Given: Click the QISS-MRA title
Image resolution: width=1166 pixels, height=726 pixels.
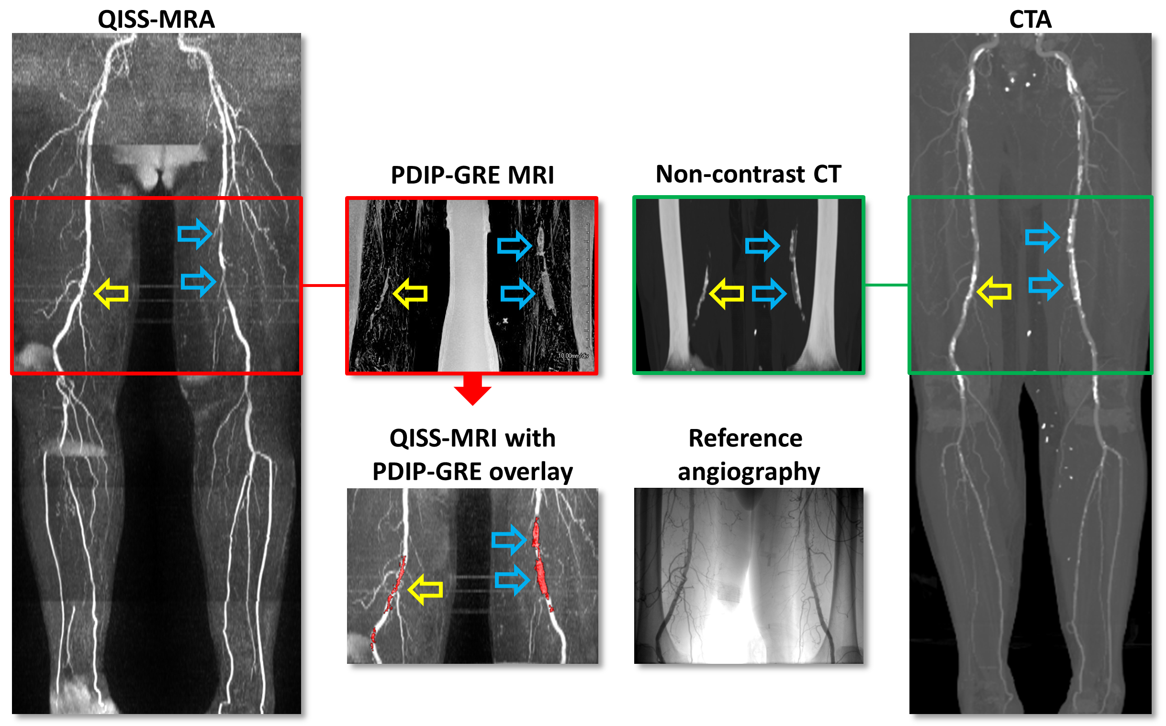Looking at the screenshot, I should [156, 20].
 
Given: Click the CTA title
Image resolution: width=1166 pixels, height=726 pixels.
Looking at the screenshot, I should [1030, 20].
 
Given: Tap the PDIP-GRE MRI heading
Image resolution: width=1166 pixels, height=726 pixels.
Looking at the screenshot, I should [472, 175].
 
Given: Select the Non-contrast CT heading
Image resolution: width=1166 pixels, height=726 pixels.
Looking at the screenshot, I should [748, 174].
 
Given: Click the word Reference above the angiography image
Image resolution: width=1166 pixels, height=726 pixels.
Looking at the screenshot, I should [745, 438].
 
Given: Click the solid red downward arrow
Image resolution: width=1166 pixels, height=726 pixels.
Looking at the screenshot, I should [472, 389].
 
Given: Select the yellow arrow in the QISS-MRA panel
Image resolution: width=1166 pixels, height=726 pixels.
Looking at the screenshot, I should [112, 293].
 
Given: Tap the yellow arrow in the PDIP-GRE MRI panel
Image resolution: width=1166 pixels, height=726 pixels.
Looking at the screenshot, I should [410, 293].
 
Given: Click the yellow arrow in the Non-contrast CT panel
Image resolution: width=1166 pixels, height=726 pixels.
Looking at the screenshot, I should [727, 293].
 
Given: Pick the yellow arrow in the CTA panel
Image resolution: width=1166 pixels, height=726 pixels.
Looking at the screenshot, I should [994, 291].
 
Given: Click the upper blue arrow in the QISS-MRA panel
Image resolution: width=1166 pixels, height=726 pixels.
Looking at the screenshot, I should [195, 234].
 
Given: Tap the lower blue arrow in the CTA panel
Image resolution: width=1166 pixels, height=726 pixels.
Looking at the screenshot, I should [1045, 285].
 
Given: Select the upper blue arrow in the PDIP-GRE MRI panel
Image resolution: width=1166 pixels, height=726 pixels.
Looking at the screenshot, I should [514, 246].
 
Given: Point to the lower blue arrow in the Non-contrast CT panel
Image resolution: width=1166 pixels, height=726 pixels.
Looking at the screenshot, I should [769, 293].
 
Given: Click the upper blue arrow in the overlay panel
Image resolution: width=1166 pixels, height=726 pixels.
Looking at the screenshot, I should [509, 540].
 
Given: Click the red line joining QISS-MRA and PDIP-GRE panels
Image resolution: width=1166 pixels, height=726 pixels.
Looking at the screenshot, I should [324, 286].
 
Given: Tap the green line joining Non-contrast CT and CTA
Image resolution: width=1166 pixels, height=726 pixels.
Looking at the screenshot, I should [886, 285].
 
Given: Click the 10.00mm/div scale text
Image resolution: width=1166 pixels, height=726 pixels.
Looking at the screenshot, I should [572, 356].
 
